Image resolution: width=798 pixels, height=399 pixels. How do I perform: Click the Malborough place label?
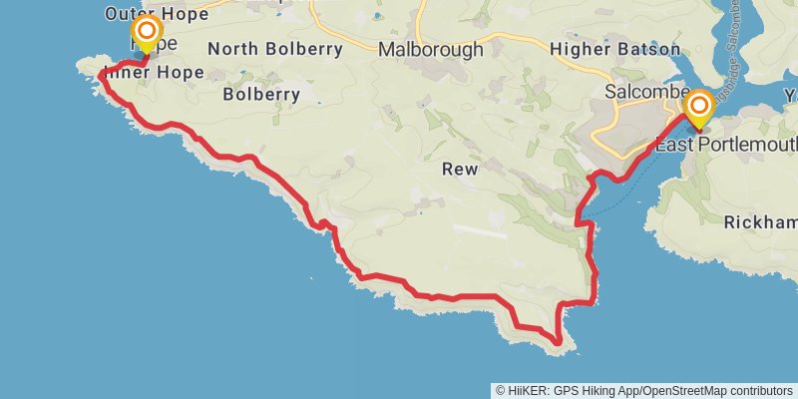430,49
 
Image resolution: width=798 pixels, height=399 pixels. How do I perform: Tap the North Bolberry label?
275,48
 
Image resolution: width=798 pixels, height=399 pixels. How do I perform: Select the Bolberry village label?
261,95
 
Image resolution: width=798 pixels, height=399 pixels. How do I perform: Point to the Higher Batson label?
615,49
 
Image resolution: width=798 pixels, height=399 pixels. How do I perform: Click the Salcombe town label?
642,93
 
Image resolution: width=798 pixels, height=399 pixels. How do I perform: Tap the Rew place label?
460,170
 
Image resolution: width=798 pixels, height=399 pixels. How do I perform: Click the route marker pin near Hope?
147,33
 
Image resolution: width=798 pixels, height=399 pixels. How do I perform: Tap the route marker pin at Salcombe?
699,108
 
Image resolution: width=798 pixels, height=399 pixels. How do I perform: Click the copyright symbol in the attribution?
501,390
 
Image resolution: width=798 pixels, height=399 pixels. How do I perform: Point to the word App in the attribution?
635,390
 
